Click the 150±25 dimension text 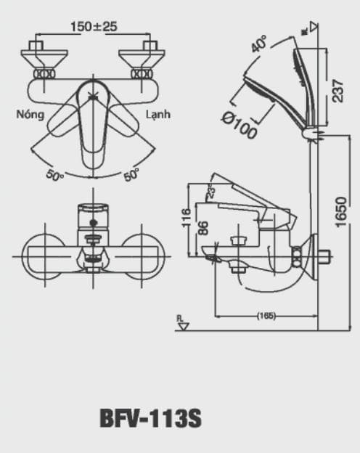pos(94,27)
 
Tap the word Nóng pos(30,115)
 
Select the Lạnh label pos(157,115)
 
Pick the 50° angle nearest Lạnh pos(131,175)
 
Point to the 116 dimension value pos(187,219)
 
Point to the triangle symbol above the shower pos(313,28)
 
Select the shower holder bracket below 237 pos(313,134)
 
